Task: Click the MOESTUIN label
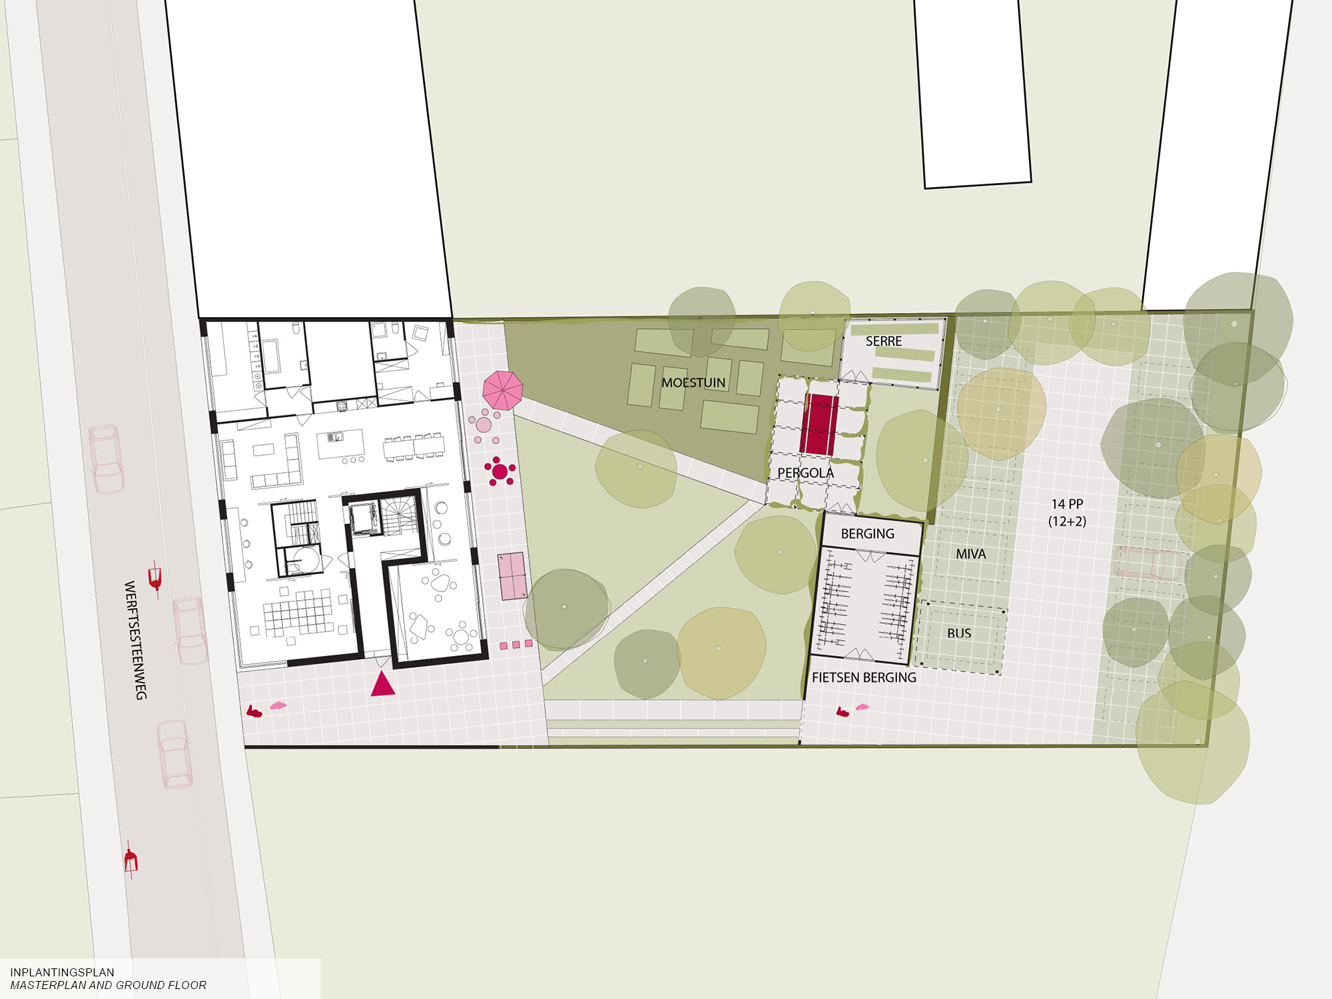coord(693,383)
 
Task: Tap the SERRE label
coord(884,341)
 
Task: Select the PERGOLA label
coord(805,473)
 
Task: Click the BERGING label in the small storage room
coord(867,533)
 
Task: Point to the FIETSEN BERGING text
coord(864,677)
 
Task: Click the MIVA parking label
coord(970,554)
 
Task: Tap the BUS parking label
coord(959,633)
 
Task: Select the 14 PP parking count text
coord(1067,504)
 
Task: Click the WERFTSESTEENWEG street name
coord(135,640)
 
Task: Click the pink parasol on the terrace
coord(502,390)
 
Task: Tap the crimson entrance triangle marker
coord(383,684)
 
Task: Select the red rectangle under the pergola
coord(819,425)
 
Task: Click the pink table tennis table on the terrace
coord(512,576)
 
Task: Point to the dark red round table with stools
coord(499,472)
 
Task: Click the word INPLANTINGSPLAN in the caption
coord(62,972)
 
